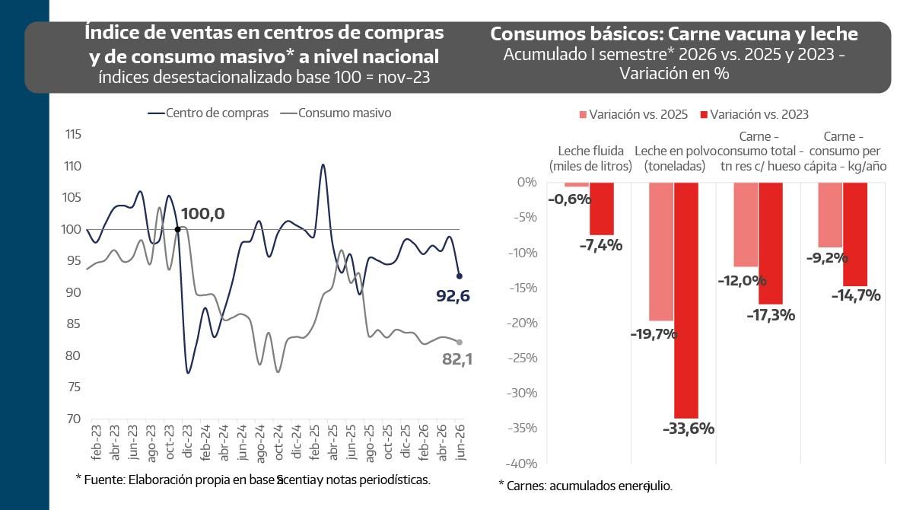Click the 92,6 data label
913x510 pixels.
pos(453,296)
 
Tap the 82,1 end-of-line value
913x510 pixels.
pos(457,359)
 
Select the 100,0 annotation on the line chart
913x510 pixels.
pos(202,214)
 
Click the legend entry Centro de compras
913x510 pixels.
pos(208,113)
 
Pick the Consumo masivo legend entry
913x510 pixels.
pos(336,113)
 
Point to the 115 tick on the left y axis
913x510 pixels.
pos(73,134)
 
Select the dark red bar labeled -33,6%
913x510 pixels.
pos(686,301)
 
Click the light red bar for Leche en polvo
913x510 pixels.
pos(661,251)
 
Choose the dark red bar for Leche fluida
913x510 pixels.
pos(602,209)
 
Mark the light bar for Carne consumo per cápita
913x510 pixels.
pos(830,215)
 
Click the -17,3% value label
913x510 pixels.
pos(771,316)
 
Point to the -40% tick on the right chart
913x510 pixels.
pos(522,464)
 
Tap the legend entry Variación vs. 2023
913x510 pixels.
pos(754,114)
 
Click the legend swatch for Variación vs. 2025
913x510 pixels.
pos(583,114)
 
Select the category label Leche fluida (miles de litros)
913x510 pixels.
pos(590,158)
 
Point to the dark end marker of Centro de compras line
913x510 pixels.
pos(460,276)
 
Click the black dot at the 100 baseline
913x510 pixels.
pos(178,230)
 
